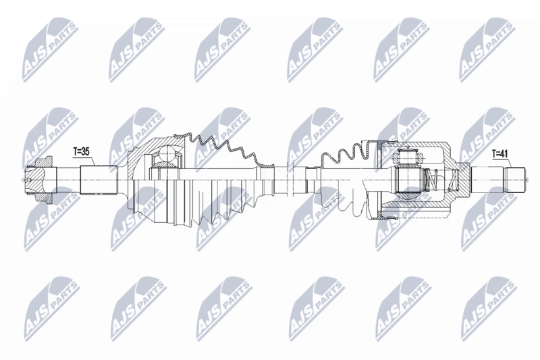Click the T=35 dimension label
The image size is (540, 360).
click(x=81, y=151)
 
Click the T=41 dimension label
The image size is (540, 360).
click(x=500, y=154)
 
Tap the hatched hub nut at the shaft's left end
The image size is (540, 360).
click(x=39, y=180)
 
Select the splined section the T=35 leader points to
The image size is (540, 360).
click(x=99, y=180)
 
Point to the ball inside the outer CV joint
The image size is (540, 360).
click(x=167, y=153)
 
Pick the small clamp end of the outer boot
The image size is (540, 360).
click(x=267, y=180)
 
